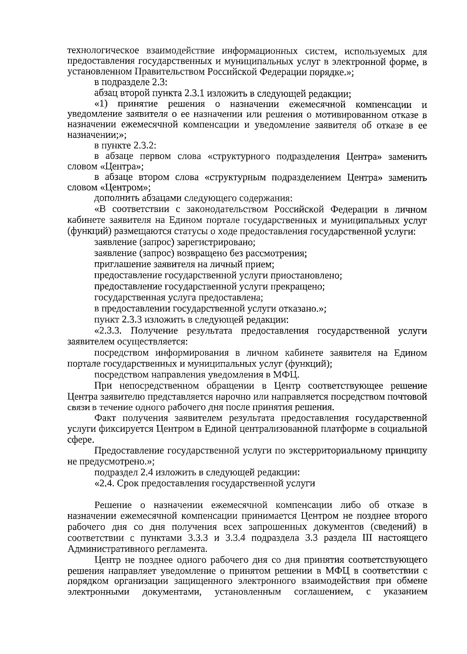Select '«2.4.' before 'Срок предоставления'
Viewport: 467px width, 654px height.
[x=104, y=484]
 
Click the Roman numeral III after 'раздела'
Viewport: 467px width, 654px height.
[x=377, y=538]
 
